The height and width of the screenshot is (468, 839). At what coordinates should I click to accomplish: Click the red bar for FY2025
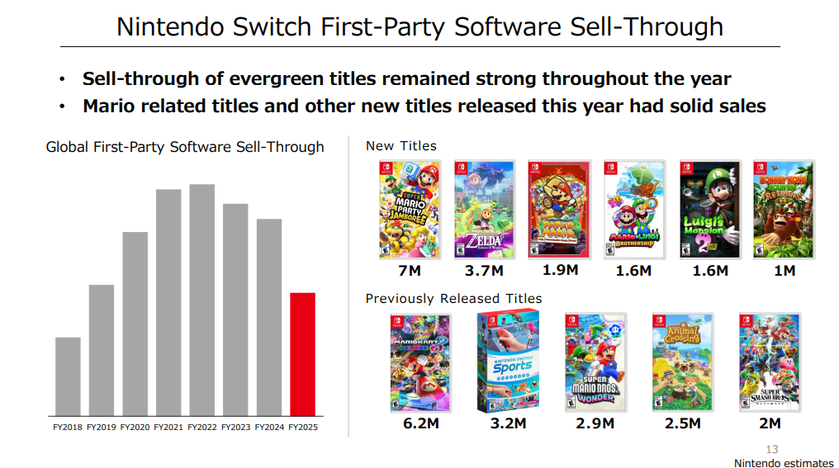click(x=302, y=354)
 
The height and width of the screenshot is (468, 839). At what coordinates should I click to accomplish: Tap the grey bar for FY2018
click(x=68, y=376)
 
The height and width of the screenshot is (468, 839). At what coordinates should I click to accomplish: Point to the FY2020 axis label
click(x=135, y=427)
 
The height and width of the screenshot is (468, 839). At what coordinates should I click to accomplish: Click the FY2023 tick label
click(x=235, y=427)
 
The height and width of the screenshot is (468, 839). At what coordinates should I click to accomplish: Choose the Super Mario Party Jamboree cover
click(x=405, y=210)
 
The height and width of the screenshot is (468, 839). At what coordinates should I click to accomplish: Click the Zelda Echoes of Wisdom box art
click(x=485, y=210)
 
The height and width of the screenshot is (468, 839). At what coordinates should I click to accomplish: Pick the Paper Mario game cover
click(x=559, y=210)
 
